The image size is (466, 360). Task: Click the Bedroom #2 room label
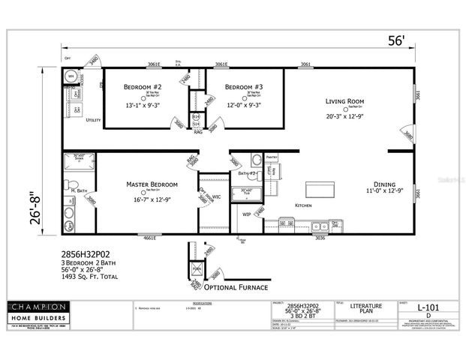[x=143, y=88]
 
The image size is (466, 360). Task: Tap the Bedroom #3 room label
[x=243, y=88]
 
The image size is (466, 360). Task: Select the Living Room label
[x=344, y=101]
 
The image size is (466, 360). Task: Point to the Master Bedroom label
[x=152, y=184]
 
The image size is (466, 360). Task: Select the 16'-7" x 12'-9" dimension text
[x=152, y=199]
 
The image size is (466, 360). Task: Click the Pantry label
[x=272, y=157]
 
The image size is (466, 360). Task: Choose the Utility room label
[x=93, y=120]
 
